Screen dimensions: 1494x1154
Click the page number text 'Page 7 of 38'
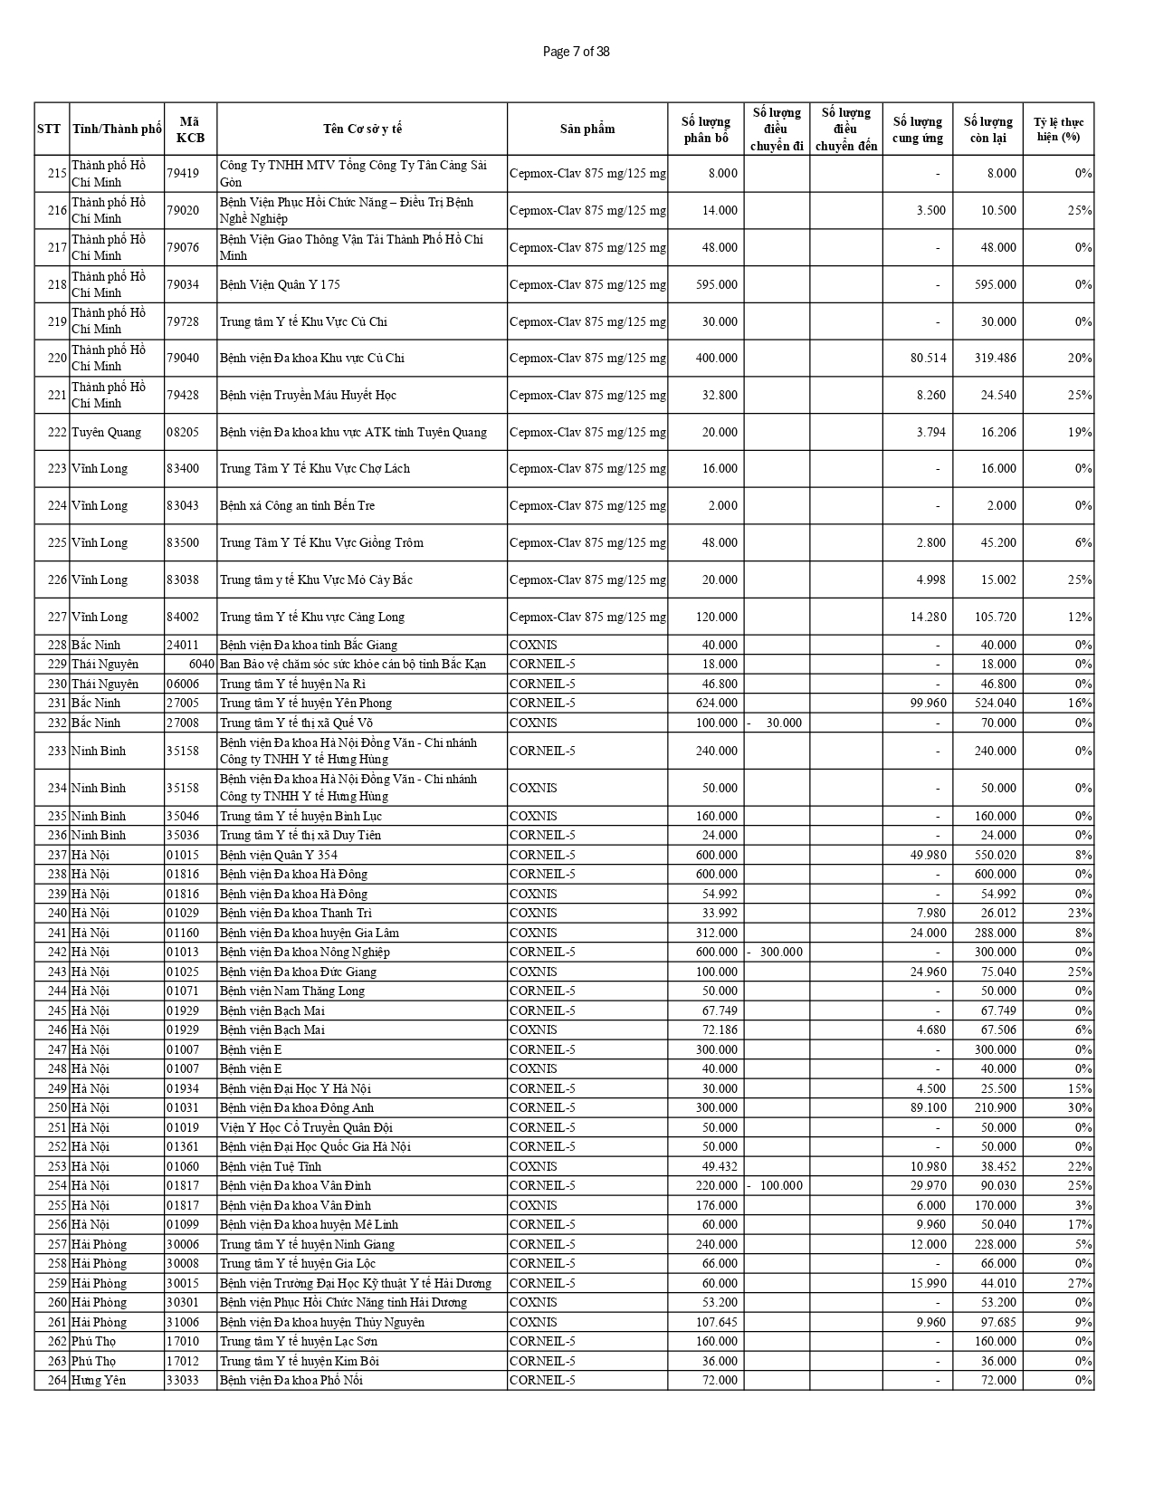pos(576,52)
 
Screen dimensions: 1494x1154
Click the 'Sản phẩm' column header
pos(587,129)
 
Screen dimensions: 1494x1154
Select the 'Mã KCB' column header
pos(190,129)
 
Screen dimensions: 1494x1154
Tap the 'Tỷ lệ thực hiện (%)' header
pos(1058,129)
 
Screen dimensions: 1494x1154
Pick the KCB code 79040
pos(183,358)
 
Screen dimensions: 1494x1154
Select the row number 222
pos(57,432)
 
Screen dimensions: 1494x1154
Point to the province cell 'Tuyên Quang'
pos(107,432)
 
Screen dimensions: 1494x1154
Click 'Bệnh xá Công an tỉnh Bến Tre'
pos(297,505)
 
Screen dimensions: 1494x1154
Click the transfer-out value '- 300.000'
pos(776,952)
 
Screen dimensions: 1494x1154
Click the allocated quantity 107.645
pos(716,1322)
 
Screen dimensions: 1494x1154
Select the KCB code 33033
pos(183,1380)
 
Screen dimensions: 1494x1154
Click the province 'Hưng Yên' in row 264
pos(99,1380)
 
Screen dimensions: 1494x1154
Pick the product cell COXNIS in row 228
pos(533,645)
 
